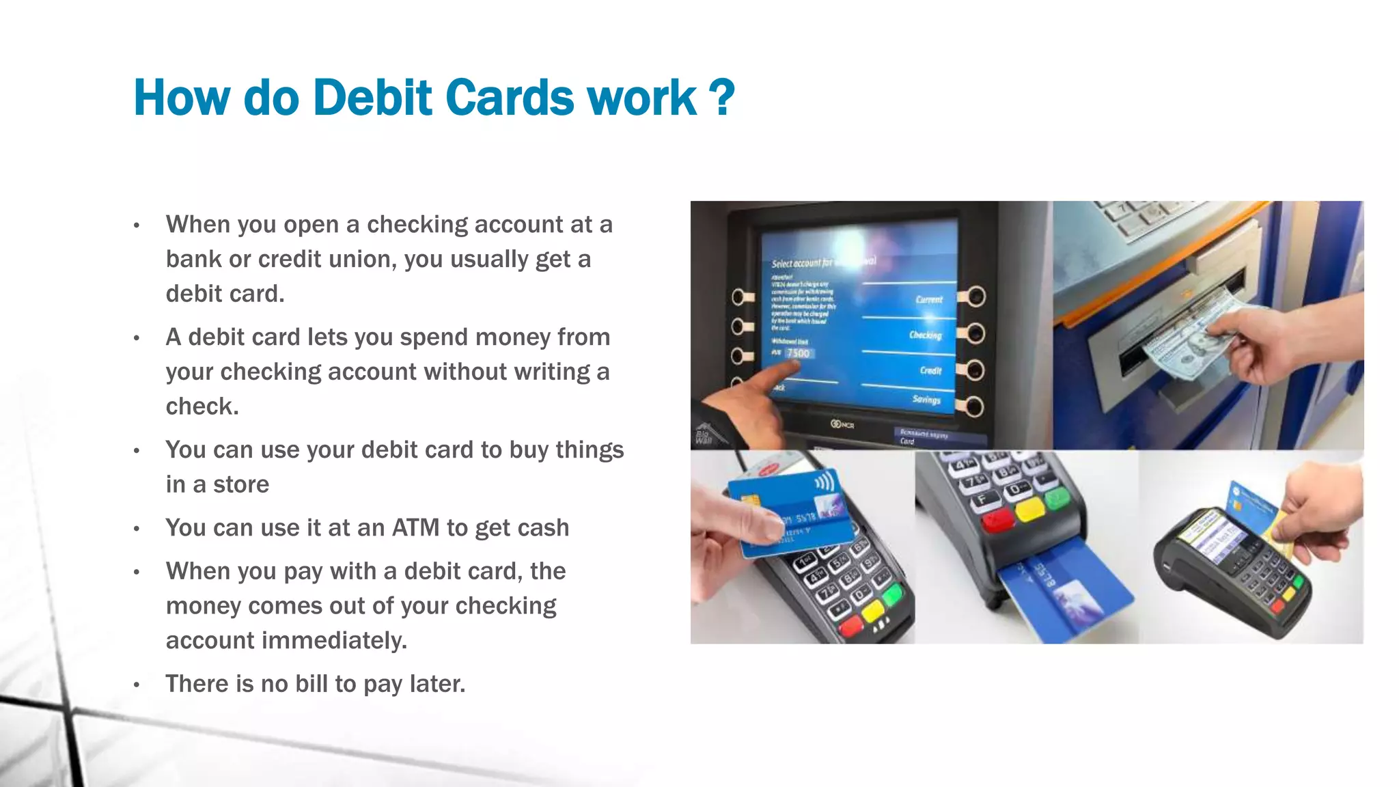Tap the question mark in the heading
pyautogui.click(x=721, y=98)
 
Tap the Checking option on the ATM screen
pyautogui.click(x=925, y=335)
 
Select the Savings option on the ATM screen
pyautogui.click(x=926, y=399)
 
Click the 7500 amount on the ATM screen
pyautogui.click(x=798, y=353)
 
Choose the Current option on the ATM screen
pyautogui.click(x=929, y=299)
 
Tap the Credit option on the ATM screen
pyautogui.click(x=930, y=370)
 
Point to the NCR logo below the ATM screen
pyautogui.click(x=842, y=425)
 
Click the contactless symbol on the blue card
pyautogui.click(x=825, y=483)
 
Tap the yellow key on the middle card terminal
pyautogui.click(x=1029, y=510)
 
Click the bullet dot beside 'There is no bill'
pyautogui.click(x=137, y=685)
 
